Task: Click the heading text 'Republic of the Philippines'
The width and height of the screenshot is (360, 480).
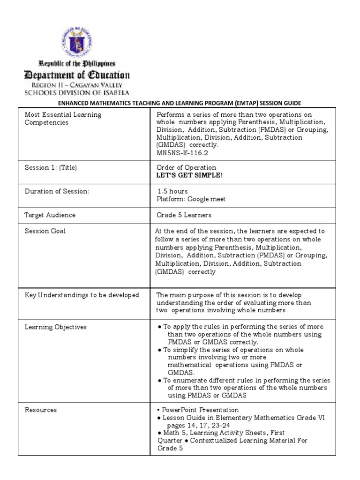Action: [x=76, y=63]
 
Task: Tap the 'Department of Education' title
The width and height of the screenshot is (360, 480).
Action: [x=77, y=75]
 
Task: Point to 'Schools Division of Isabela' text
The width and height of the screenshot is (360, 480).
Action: [x=77, y=93]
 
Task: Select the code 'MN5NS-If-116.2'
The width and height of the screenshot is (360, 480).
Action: [x=179, y=153]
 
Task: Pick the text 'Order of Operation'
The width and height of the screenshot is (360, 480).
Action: [x=186, y=168]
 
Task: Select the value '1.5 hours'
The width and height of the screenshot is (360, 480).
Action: [x=172, y=191]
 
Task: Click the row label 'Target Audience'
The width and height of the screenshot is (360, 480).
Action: [x=50, y=215]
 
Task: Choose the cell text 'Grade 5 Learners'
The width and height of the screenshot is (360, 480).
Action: [x=184, y=215]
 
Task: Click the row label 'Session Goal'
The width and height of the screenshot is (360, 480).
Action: [x=45, y=231]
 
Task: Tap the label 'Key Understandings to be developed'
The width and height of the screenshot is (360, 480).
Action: [x=82, y=295]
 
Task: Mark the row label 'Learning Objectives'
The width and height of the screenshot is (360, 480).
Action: [x=55, y=327]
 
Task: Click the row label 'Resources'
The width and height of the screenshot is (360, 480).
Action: [x=41, y=410]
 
